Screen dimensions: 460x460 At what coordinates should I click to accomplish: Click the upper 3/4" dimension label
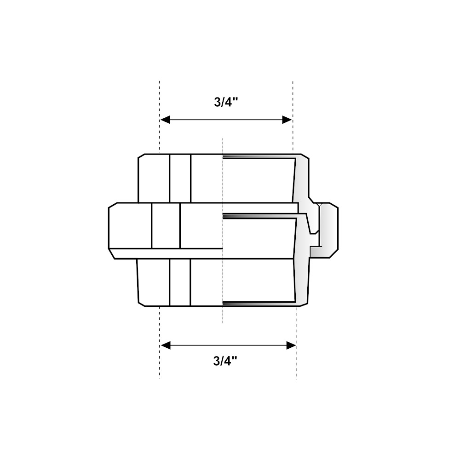click(x=225, y=102)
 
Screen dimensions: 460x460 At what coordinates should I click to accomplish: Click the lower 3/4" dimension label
click(x=225, y=361)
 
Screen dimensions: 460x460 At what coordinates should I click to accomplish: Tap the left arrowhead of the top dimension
click(x=165, y=120)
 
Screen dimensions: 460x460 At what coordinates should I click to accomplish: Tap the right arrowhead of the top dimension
click(x=287, y=120)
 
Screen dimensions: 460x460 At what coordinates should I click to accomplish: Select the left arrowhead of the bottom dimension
click(x=165, y=345)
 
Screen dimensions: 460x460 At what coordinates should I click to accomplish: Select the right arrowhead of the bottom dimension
click(x=291, y=345)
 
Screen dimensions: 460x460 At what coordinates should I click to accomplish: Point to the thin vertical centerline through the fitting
click(x=222, y=230)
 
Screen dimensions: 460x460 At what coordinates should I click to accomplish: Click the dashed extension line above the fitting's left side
click(x=159, y=117)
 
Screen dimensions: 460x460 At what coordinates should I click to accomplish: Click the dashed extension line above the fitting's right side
click(x=293, y=117)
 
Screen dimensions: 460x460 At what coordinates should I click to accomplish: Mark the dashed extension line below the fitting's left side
click(x=159, y=343)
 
